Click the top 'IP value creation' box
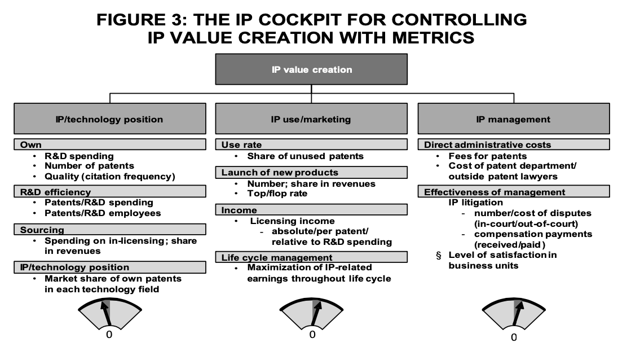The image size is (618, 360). coord(311,69)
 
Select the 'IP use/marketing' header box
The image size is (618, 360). coord(311,118)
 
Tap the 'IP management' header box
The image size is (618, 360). coord(514,118)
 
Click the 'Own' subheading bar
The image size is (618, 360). coord(110,144)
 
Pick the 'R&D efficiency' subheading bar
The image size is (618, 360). coord(110,192)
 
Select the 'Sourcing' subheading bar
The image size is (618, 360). coord(110,230)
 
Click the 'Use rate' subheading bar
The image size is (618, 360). coord(311,144)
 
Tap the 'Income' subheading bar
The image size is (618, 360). coord(311,210)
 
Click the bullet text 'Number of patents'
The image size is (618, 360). coord(89,165)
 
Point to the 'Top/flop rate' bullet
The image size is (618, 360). coord(277,193)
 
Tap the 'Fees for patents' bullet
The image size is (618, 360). coord(488,156)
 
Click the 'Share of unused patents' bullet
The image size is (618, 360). coord(305,156)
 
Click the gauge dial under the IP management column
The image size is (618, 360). coord(514,314)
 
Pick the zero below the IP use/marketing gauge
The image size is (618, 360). coord(312,335)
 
